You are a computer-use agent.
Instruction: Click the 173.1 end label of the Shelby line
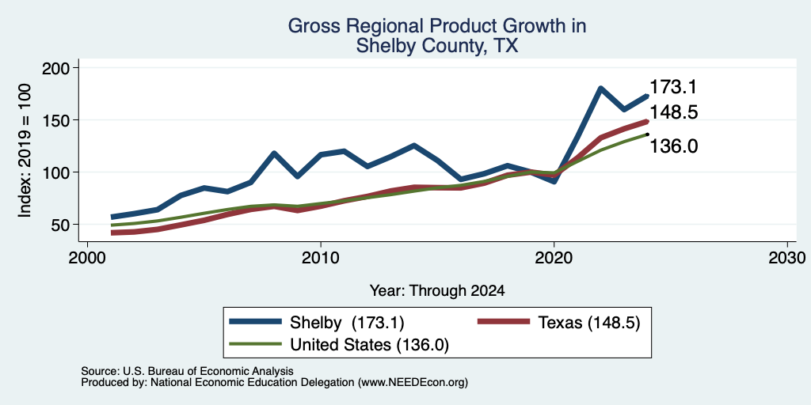tap(673, 87)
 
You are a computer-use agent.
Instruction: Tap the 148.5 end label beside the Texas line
tap(673, 112)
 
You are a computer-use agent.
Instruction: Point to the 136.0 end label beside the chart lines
tap(673, 146)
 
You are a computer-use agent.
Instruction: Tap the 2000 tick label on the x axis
tap(87, 258)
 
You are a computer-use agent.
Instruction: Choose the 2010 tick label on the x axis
tap(321, 258)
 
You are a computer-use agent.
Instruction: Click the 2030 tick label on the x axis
tap(787, 258)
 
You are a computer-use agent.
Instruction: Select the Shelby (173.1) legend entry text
tap(347, 323)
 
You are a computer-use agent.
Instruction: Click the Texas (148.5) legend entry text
tap(589, 323)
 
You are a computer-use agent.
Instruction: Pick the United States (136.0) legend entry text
tap(369, 345)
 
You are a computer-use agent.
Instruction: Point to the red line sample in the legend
tap(503, 322)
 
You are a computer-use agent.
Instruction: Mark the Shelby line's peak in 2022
tap(600, 89)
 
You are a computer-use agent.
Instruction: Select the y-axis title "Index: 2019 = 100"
tap(25, 150)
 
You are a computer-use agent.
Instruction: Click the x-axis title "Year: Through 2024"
tap(437, 291)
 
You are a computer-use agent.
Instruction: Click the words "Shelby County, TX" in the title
tap(437, 47)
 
